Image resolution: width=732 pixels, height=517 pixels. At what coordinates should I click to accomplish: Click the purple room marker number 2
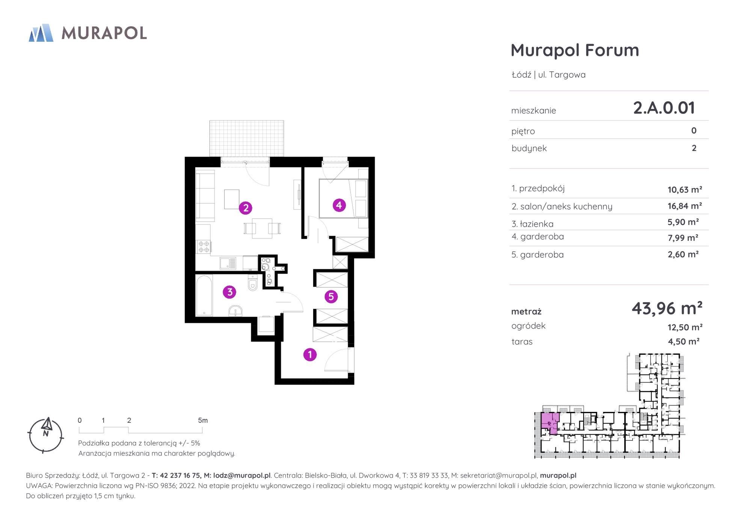click(x=246, y=208)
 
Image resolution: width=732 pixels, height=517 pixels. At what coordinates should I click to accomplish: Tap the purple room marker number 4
click(x=339, y=205)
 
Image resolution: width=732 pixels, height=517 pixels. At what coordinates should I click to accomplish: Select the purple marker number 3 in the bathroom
click(x=229, y=292)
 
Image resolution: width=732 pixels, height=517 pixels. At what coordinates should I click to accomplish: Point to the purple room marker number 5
click(x=331, y=297)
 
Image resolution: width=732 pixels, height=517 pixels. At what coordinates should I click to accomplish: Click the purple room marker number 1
click(x=310, y=354)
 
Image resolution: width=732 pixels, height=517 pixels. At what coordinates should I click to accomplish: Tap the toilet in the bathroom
click(x=253, y=283)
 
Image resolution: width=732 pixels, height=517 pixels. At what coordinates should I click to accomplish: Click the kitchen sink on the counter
click(x=228, y=263)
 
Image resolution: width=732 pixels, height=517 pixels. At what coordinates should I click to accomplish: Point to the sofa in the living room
click(x=205, y=196)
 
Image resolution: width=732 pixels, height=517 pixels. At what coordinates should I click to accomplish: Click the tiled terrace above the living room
click(x=246, y=138)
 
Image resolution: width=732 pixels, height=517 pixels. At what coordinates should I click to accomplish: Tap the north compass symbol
click(x=46, y=436)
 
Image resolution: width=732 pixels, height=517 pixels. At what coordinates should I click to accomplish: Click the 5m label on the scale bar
click(x=203, y=421)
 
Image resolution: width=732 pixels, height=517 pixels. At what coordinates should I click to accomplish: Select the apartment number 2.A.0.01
click(x=664, y=108)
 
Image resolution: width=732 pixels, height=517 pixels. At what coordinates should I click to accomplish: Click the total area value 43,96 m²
click(x=667, y=308)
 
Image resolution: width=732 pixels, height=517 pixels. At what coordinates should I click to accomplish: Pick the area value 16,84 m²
click(x=685, y=206)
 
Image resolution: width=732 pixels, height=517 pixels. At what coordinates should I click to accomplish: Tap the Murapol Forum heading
click(x=575, y=50)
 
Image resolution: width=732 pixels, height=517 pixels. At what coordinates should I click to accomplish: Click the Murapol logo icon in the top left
click(x=41, y=33)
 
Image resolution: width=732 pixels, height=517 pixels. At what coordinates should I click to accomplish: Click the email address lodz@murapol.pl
click(x=242, y=475)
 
